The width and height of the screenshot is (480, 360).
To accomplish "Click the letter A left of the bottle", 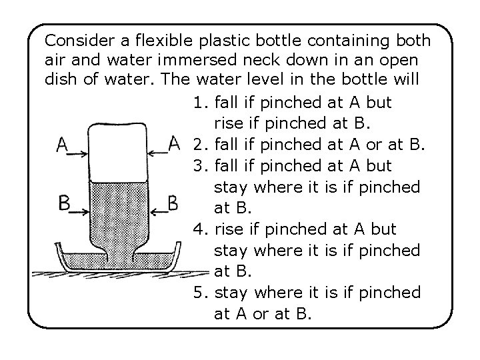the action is [x=63, y=145].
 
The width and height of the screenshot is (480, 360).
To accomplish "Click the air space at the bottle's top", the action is [x=119, y=153].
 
